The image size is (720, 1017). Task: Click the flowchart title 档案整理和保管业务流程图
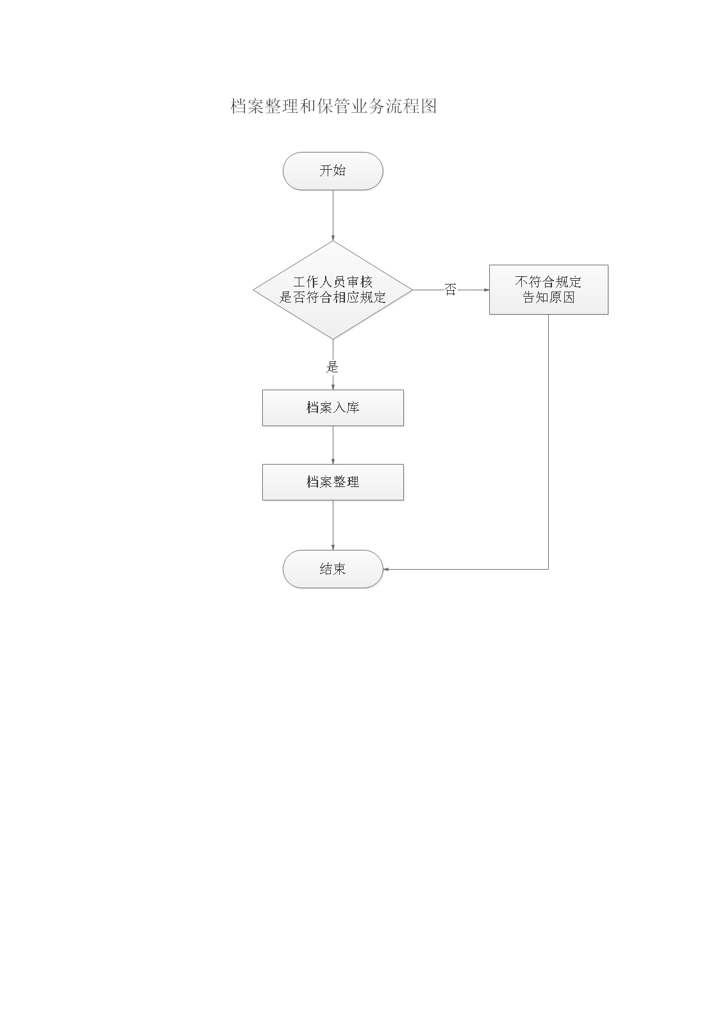[x=333, y=106]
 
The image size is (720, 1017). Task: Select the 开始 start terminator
[x=333, y=171]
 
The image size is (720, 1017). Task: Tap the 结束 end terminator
[x=333, y=569]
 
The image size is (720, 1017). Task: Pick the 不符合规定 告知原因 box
[x=548, y=290]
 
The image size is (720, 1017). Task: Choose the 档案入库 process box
[x=333, y=408]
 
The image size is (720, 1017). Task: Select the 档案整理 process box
[x=333, y=482]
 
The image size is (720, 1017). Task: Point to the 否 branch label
[x=450, y=290]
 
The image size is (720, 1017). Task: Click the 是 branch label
[x=332, y=367]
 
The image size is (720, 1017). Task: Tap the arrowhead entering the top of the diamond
[x=333, y=238]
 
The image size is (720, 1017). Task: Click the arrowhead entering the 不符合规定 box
[x=486, y=290]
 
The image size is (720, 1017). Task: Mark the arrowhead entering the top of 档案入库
[x=333, y=386]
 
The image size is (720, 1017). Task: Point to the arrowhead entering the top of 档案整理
[x=333, y=461]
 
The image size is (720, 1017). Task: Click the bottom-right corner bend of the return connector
[x=548, y=569]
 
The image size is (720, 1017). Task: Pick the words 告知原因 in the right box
[x=548, y=298]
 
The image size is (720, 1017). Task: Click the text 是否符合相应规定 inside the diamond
[x=333, y=298]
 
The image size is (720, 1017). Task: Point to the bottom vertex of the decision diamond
[x=333, y=338]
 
